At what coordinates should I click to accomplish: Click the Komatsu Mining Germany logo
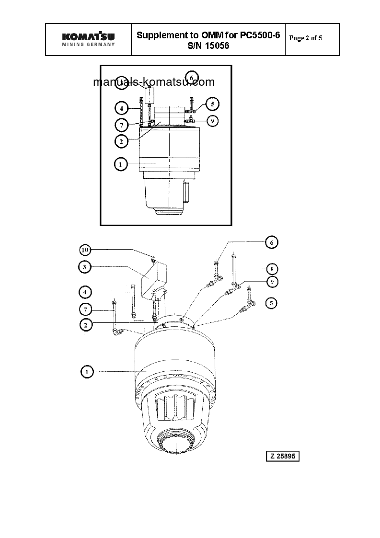click(89, 39)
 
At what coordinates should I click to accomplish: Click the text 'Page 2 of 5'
click(306, 38)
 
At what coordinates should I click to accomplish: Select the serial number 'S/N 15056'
click(208, 46)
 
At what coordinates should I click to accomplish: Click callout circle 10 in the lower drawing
click(85, 250)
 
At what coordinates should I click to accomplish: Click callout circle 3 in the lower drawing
click(85, 267)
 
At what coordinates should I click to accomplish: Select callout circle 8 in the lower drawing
click(271, 269)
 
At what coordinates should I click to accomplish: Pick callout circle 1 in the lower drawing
click(87, 371)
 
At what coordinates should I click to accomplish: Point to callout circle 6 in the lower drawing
click(271, 242)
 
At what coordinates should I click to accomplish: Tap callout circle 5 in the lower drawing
click(271, 303)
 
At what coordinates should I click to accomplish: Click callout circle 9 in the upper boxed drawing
click(212, 121)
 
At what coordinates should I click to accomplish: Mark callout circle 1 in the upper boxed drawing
click(121, 164)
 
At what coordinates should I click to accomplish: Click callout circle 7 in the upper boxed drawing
click(122, 125)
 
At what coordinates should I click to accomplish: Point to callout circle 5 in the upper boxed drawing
click(212, 103)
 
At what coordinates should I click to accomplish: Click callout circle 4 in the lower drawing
click(85, 291)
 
